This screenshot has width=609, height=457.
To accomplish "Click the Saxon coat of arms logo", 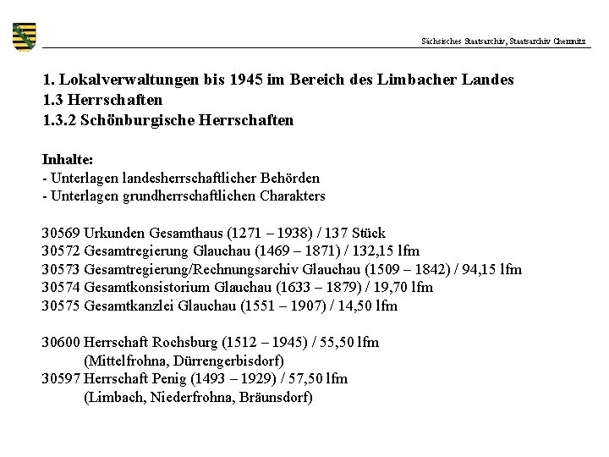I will click(25, 36).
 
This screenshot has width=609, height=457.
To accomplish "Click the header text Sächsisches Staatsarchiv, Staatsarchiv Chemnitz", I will click(503, 41).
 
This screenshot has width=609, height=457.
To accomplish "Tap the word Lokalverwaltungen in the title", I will click(128, 80).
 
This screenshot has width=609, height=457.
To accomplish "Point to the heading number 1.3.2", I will click(61, 120).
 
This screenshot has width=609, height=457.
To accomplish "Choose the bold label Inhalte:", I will click(67, 159).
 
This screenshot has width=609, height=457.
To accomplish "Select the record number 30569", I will click(61, 233).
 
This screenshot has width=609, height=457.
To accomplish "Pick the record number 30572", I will click(61, 251).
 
